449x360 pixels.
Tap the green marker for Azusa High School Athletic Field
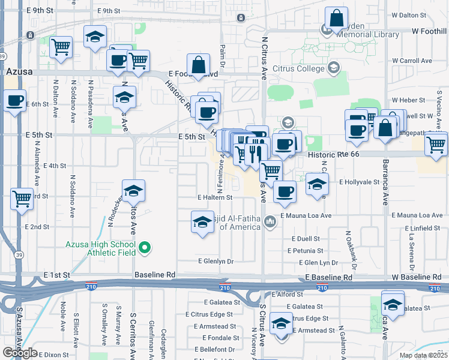[145, 247]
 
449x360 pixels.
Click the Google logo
[20, 353]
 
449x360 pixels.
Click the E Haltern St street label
[214, 197]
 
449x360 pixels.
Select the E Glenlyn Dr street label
[215, 261]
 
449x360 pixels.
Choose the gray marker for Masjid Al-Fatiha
[271, 222]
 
